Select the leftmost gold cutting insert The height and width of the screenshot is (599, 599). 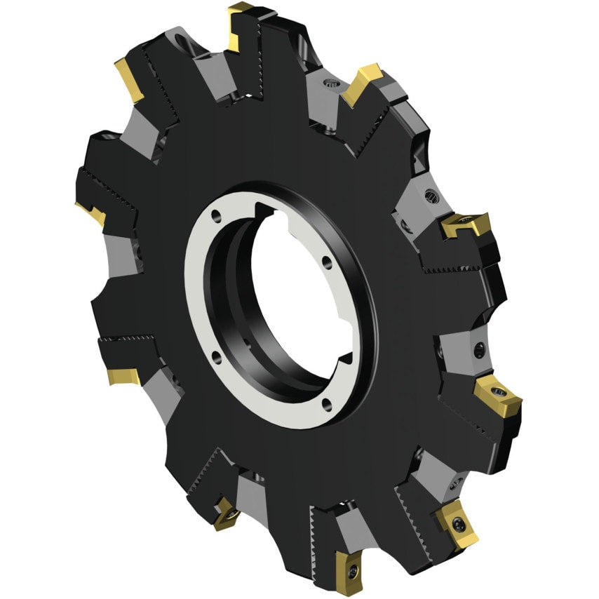pos(90,213)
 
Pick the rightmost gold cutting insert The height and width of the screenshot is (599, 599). pos(497,394)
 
